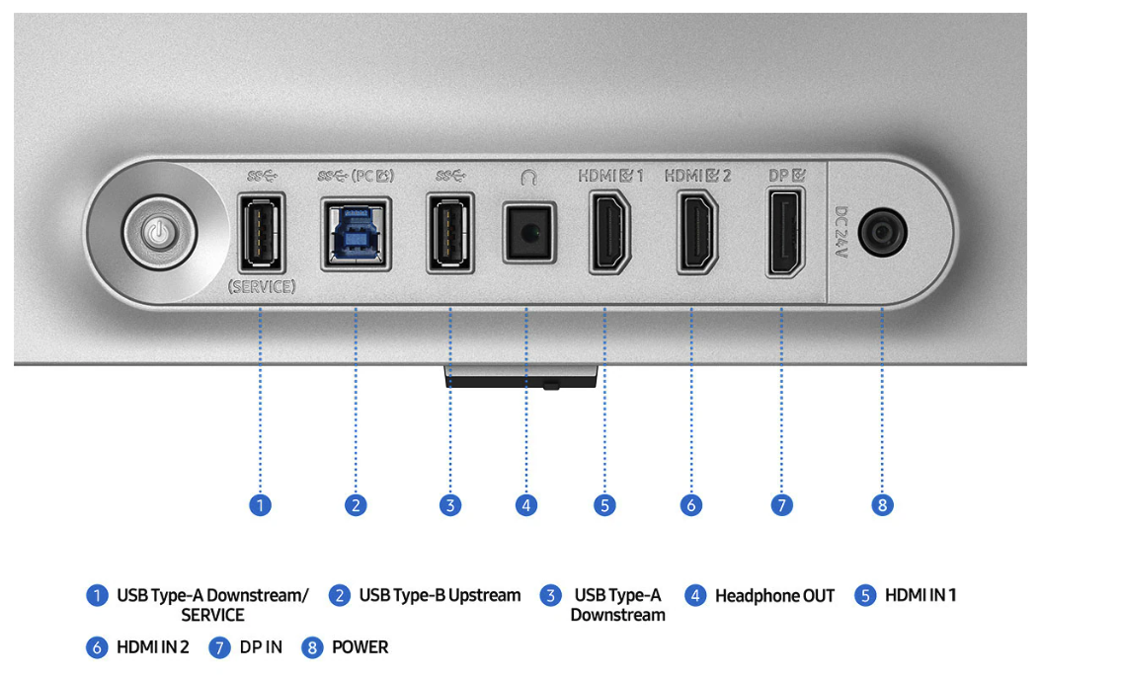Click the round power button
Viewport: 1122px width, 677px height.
[159, 233]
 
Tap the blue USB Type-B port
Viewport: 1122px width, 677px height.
[356, 233]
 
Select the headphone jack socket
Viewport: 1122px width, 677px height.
[527, 233]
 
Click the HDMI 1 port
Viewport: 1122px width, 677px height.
[609, 233]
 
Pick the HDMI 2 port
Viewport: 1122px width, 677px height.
[696, 233]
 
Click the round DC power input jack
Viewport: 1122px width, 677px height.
[882, 234]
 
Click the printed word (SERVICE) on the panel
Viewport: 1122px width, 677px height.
[262, 287]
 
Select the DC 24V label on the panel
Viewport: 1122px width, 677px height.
[841, 233]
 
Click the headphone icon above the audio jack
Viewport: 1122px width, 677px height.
[528, 177]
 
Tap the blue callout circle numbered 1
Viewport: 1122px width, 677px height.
[261, 505]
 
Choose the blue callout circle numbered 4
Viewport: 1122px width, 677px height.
[527, 505]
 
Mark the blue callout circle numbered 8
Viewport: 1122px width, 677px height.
[882, 505]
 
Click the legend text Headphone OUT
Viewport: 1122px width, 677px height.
[774, 596]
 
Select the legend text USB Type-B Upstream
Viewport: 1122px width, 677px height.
[440, 595]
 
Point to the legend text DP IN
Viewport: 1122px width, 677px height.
[261, 647]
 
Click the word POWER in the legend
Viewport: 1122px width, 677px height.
[360, 647]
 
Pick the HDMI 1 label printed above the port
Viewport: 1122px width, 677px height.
[610, 177]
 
